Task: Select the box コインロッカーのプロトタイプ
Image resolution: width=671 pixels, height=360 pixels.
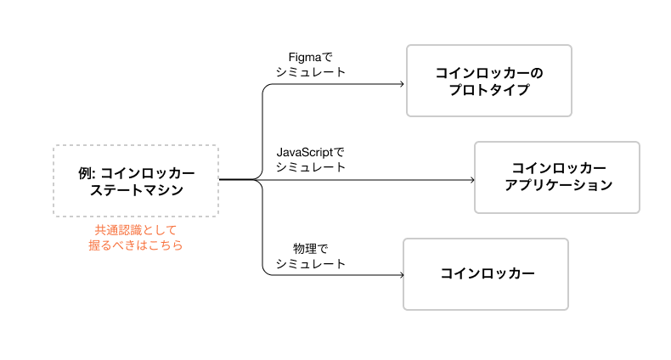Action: click(x=489, y=81)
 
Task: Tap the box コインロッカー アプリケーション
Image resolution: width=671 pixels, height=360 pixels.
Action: click(x=557, y=177)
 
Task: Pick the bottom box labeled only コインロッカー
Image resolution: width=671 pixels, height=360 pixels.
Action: click(x=486, y=274)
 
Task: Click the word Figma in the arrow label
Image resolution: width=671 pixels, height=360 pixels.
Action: click(x=305, y=57)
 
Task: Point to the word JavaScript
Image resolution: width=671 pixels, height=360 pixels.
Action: click(x=305, y=152)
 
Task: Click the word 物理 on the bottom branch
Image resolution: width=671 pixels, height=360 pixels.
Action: click(x=305, y=249)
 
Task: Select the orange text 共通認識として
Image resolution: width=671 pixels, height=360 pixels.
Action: click(x=136, y=230)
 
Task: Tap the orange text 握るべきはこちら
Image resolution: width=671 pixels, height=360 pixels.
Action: click(x=136, y=245)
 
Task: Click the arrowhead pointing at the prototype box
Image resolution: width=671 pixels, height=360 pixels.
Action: click(x=402, y=84)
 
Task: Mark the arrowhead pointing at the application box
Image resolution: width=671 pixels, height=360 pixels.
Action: click(x=472, y=180)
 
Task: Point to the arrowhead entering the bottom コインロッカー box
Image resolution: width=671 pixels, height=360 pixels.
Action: click(x=402, y=275)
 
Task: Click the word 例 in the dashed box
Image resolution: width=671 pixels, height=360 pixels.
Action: click(x=84, y=173)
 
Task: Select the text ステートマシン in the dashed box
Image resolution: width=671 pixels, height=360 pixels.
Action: click(x=137, y=190)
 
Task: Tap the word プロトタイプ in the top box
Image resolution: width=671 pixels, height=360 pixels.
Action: click(x=489, y=90)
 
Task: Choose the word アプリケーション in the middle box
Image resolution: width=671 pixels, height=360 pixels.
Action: click(x=558, y=185)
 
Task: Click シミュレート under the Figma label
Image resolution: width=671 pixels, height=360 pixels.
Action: click(x=311, y=72)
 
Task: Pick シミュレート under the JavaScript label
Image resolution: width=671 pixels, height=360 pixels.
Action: click(x=311, y=167)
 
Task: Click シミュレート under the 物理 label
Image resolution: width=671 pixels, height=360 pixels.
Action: click(x=311, y=264)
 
